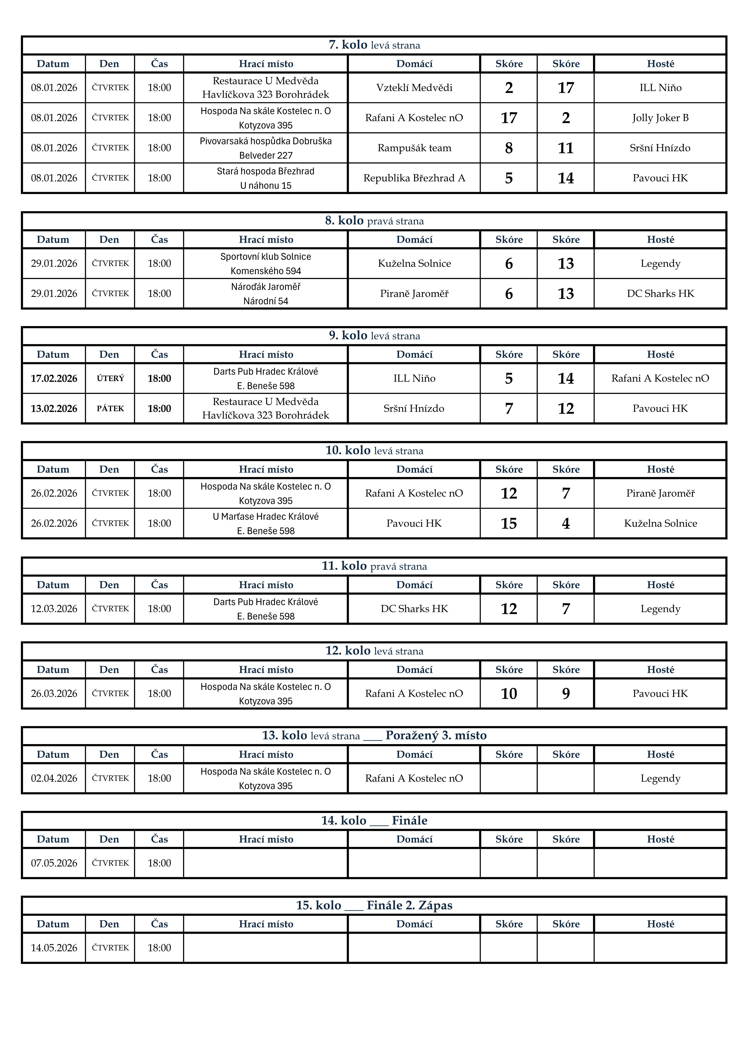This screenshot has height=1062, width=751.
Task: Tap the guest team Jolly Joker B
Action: coord(660,118)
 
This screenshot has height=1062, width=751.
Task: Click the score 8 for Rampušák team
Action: coord(508,148)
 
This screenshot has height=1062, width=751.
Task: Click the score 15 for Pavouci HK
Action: coord(508,524)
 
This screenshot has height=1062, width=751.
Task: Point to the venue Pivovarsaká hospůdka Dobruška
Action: coord(266,141)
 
